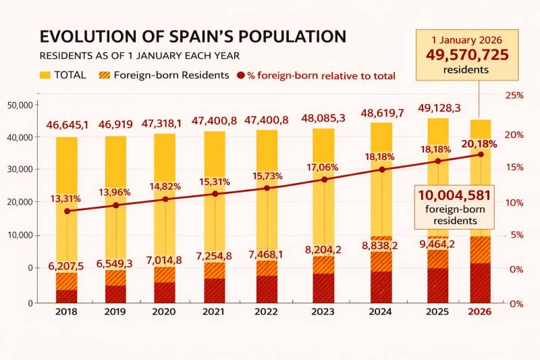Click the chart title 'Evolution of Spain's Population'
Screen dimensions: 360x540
192,36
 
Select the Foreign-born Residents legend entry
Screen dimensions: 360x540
164,75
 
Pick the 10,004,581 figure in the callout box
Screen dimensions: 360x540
454,195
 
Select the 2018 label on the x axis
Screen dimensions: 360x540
66,312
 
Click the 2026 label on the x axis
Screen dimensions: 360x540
480,312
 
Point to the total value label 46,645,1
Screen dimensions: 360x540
67,125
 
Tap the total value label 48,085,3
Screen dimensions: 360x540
324,118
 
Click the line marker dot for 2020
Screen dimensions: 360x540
164,199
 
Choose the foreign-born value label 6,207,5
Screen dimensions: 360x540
65,266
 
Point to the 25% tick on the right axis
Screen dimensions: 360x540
515,95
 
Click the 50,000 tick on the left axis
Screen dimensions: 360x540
20,105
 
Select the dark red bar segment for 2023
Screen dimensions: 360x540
324,287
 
